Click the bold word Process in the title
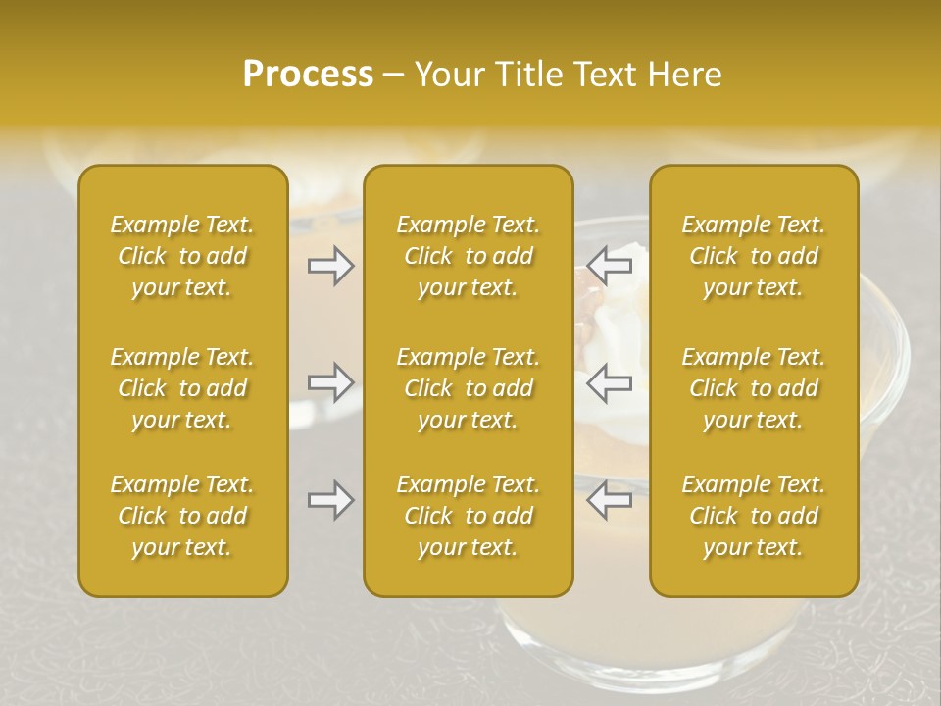coord(308,75)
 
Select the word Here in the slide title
coord(685,75)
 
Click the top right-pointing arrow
coord(330,266)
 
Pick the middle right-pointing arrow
coord(330,382)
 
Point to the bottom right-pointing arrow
coord(330,500)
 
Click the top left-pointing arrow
coord(610,265)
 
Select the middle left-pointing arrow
coord(610,382)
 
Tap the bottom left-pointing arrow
coord(610,500)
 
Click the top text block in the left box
coord(182,256)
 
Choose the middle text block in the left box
coord(182,388)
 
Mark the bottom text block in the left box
coord(182,516)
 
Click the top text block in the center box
coord(468,256)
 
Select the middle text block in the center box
coord(468,388)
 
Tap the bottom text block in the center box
coord(468,516)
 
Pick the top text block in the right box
coord(754,256)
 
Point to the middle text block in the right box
coord(754,388)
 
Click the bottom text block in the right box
coord(754,516)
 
